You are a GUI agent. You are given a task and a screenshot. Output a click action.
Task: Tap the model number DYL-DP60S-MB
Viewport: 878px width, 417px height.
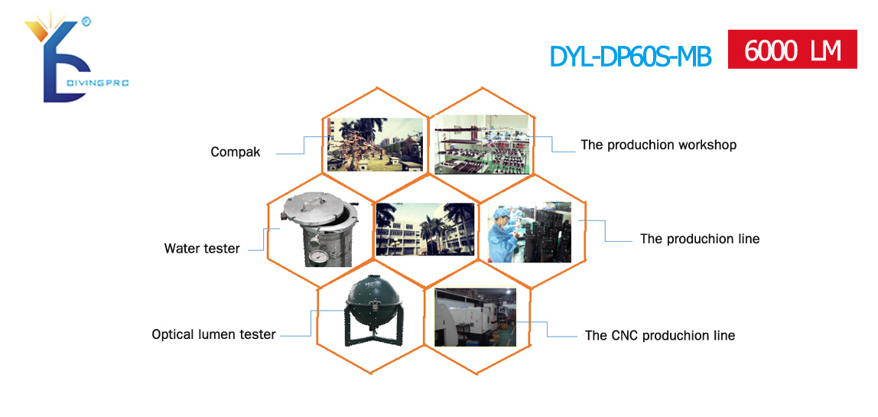point(630,56)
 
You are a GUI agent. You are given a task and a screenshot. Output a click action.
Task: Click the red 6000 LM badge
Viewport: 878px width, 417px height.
point(792,49)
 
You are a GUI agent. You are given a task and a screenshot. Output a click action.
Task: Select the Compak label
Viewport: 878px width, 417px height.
point(236,152)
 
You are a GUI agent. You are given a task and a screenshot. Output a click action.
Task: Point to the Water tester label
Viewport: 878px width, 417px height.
point(202,249)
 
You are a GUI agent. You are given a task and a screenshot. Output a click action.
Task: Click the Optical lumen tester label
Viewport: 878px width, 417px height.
point(213,334)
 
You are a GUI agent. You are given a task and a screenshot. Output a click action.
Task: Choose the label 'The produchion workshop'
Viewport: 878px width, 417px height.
point(658,145)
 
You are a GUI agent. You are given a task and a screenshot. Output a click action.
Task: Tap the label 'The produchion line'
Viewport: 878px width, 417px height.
point(700,239)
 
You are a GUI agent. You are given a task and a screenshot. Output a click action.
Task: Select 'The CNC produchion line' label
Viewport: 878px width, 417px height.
point(659,336)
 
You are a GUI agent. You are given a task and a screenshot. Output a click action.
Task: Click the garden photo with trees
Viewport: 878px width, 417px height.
point(375,144)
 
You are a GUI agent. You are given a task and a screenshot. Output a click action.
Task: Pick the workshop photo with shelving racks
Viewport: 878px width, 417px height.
point(482,144)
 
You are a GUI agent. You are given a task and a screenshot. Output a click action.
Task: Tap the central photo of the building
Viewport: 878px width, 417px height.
point(425,230)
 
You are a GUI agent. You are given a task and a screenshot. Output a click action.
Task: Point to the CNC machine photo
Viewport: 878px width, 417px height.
point(476,318)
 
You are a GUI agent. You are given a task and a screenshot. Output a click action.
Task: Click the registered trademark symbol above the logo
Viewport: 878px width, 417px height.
point(86,22)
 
